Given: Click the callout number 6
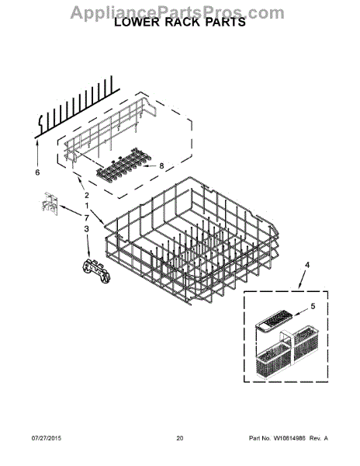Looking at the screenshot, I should (36, 172).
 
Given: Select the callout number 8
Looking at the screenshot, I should (161, 165).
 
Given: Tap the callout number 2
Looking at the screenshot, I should (87, 195).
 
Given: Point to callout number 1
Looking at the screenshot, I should (87, 204).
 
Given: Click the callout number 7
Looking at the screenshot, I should (87, 218).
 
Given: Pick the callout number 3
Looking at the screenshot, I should (87, 229).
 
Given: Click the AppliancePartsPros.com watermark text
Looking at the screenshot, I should (178, 12).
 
